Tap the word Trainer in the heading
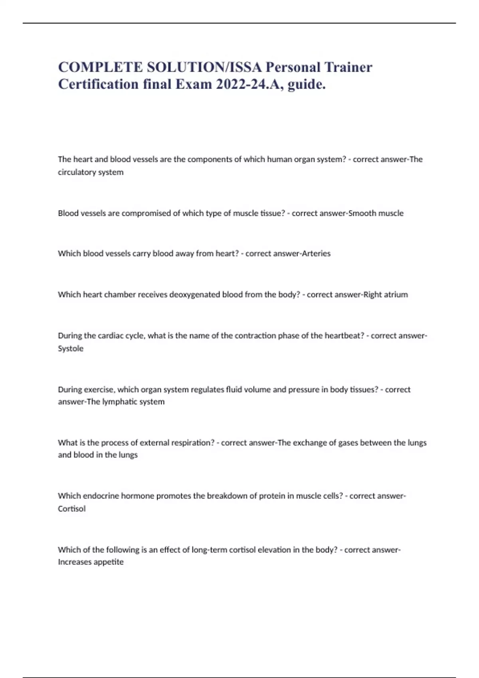point(348,67)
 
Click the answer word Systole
point(71,348)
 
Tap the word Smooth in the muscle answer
point(362,213)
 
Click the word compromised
point(146,213)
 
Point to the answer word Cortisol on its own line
point(72,508)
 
